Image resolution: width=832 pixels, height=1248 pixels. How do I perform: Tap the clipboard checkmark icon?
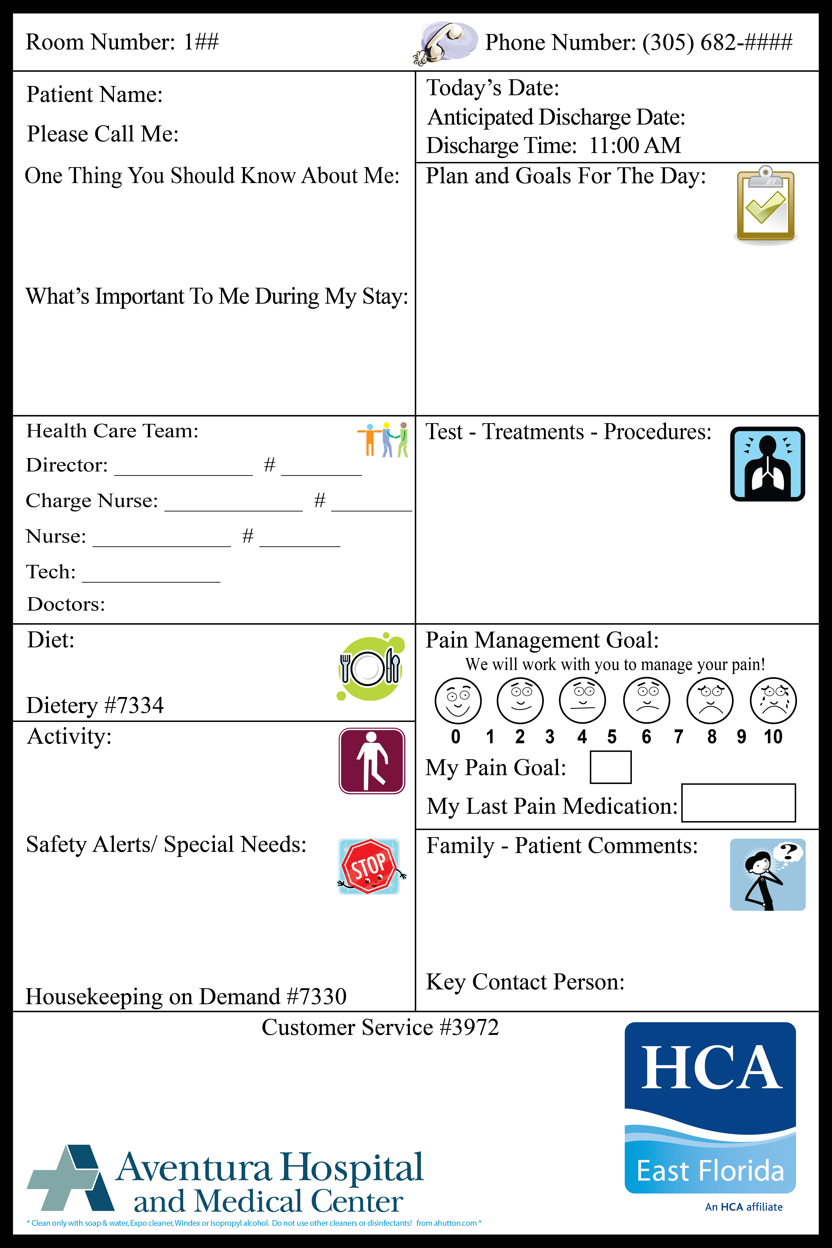pos(765,204)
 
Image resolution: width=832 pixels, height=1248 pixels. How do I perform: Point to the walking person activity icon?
pos(371,760)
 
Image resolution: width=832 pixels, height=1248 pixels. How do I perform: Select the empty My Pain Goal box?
pos(610,767)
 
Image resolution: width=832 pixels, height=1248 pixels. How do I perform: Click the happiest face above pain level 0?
pos(457,700)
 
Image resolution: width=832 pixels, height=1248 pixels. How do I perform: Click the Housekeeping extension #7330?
pos(317,997)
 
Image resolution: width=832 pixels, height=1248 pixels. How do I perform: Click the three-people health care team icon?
pos(383,439)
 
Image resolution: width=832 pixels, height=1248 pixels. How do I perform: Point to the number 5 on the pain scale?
pos(612,737)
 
